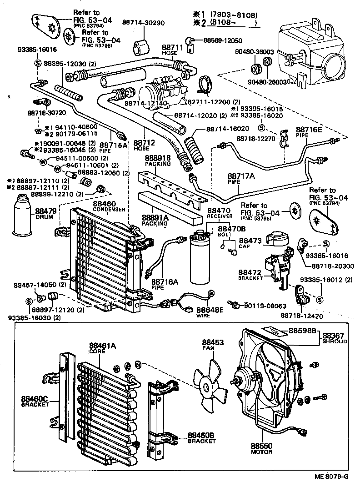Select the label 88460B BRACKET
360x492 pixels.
(201, 438)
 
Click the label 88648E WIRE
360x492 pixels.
(210, 312)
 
